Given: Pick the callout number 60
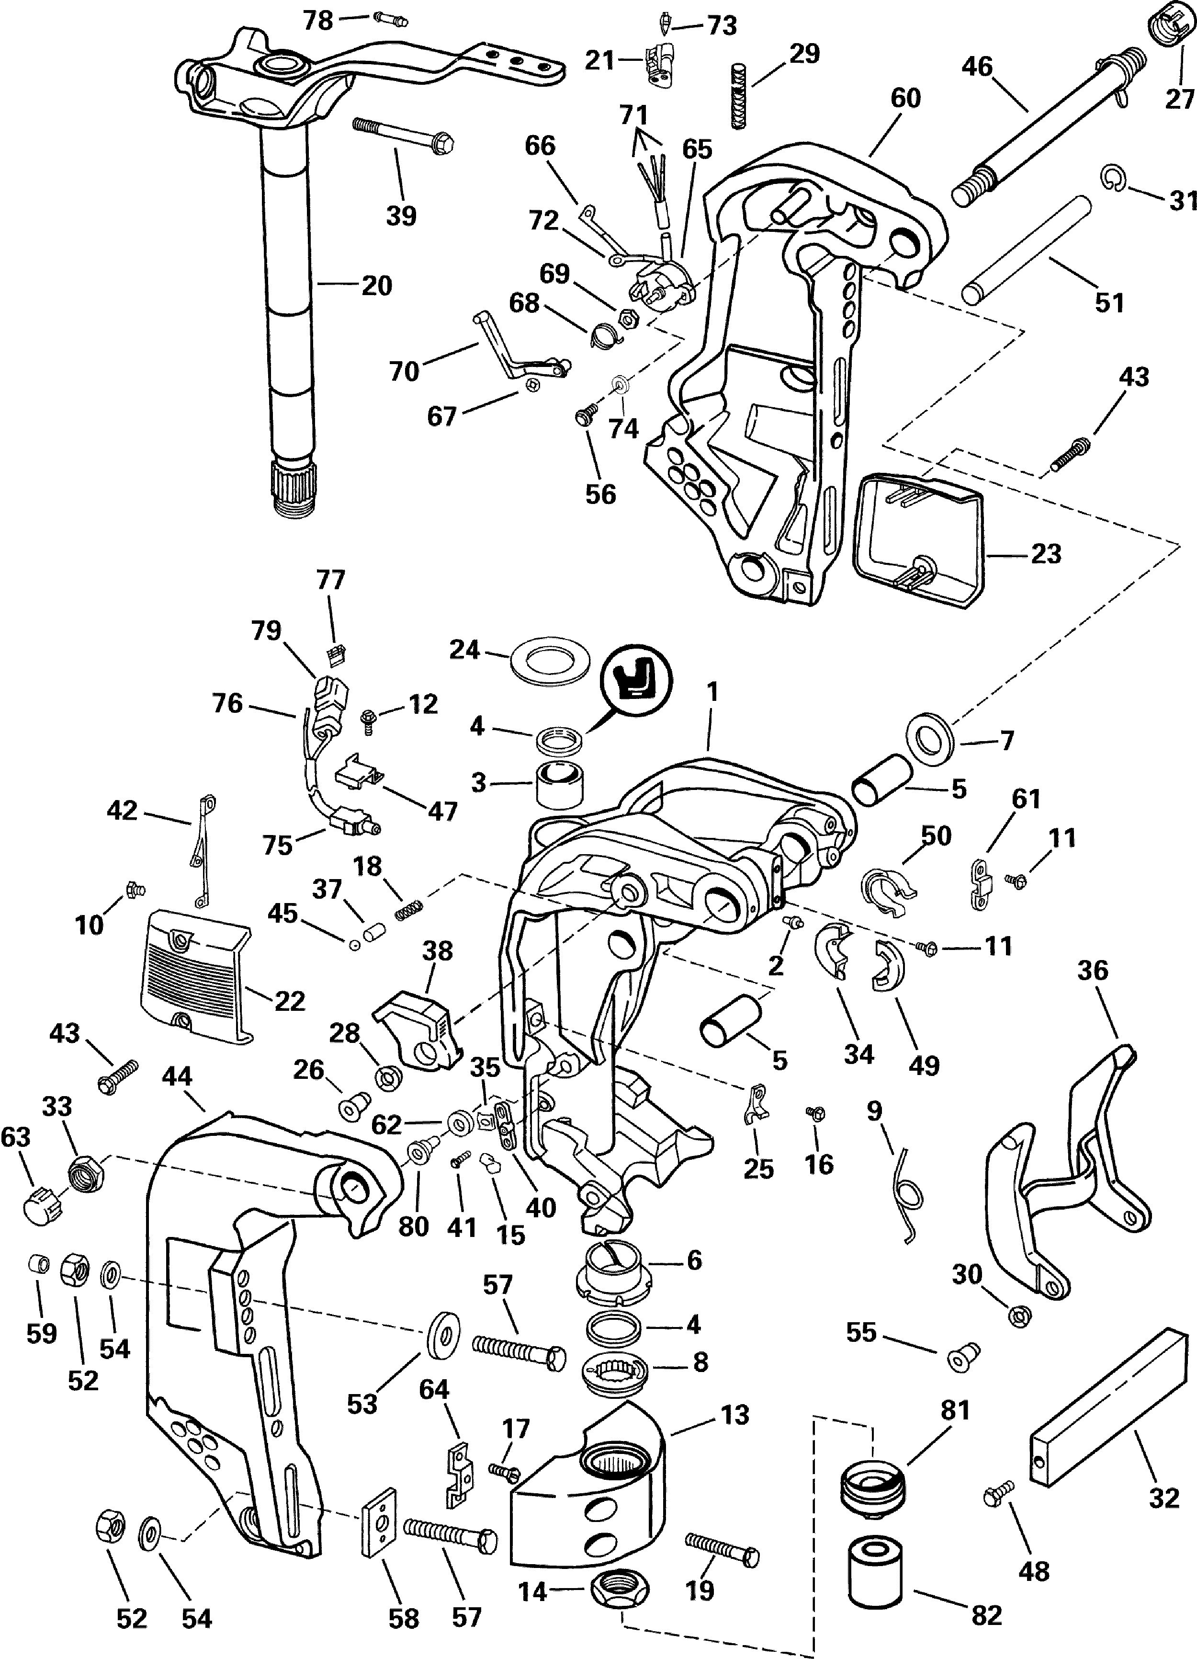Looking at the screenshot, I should click(x=905, y=98).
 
